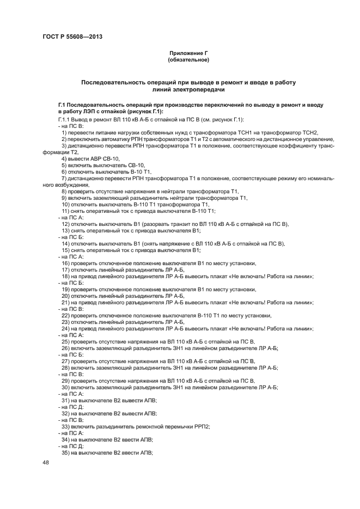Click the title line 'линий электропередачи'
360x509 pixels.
coord(188,89)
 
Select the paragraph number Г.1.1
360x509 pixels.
coord(65,119)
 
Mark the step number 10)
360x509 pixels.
coord(65,204)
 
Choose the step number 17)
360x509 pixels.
coord(65,269)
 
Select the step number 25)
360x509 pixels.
coord(65,341)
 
